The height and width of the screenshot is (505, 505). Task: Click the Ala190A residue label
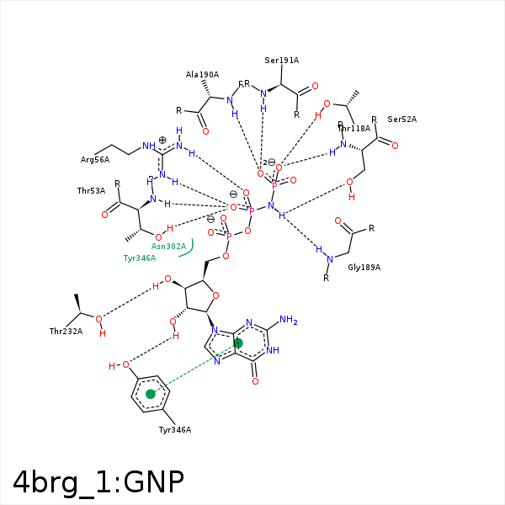click(202, 75)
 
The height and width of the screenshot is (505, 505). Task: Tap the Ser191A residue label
click(281, 61)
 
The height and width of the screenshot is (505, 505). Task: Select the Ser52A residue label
click(401, 120)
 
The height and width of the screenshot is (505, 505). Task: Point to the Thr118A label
click(353, 128)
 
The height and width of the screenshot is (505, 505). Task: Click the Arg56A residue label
click(95, 159)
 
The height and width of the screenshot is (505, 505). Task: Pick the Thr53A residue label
click(91, 191)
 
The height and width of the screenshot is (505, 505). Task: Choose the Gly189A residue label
click(364, 267)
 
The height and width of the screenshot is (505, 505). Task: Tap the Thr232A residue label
click(66, 332)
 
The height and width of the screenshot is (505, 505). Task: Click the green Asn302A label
click(168, 247)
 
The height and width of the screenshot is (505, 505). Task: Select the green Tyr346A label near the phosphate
click(140, 258)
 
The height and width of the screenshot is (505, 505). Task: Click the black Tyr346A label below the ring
click(175, 430)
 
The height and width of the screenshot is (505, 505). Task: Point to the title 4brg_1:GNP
click(98, 482)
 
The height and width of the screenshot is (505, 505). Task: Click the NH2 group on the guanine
click(289, 320)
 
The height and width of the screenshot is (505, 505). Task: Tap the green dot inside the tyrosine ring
click(151, 394)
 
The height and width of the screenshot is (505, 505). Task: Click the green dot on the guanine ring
click(238, 343)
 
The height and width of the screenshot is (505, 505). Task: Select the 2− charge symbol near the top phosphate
click(268, 162)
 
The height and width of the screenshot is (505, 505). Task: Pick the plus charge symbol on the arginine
click(162, 140)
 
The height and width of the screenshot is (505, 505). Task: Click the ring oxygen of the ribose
click(216, 295)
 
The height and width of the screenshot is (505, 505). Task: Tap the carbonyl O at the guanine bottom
click(255, 381)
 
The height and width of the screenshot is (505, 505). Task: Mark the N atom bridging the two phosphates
click(271, 206)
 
